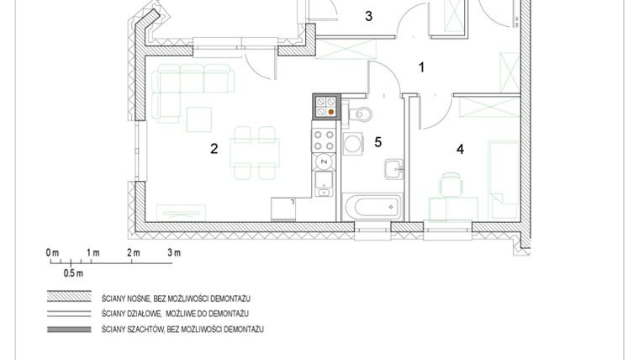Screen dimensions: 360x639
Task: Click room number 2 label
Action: click(214, 150)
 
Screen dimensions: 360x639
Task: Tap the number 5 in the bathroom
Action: click(378, 141)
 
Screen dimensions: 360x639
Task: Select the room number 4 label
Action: click(460, 150)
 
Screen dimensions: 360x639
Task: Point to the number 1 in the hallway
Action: click(422, 66)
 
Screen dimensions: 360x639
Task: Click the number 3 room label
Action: click(367, 15)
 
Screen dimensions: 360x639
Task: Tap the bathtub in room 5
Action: click(372, 207)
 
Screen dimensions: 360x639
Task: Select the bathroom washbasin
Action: click(393, 169)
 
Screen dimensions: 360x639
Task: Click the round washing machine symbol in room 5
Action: click(352, 145)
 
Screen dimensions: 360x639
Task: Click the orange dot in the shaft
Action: click(331, 110)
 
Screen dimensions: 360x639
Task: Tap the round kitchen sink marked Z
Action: click(324, 160)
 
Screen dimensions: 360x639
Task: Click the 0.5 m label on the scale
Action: click(73, 273)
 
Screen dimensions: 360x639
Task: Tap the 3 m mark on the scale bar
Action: click(174, 252)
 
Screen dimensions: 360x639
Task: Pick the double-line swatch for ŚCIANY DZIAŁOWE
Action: click(68, 314)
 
